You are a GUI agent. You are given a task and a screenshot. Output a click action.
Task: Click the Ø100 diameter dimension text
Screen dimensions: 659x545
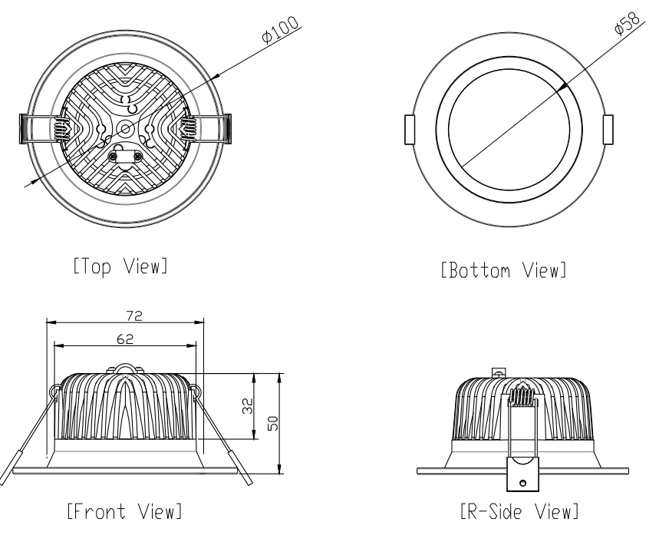pyautogui.click(x=280, y=29)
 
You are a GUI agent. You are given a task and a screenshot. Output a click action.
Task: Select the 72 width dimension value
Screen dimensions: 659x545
pyautogui.click(x=134, y=315)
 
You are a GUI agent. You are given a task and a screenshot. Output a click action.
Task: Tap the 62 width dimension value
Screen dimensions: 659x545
pyautogui.click(x=125, y=339)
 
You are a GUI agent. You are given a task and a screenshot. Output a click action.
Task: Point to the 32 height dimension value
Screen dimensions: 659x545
pyautogui.click(x=248, y=406)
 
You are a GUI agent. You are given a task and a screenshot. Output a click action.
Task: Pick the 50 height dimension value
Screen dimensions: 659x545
pyautogui.click(x=273, y=423)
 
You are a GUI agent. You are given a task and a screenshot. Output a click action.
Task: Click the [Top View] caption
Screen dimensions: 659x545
pyautogui.click(x=120, y=266)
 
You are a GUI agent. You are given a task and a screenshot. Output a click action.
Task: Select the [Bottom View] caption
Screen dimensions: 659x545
pyautogui.click(x=503, y=270)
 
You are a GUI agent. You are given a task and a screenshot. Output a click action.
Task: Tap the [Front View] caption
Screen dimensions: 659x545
pyautogui.click(x=124, y=511)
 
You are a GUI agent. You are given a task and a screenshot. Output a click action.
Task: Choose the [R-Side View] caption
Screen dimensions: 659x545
pyautogui.click(x=519, y=511)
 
